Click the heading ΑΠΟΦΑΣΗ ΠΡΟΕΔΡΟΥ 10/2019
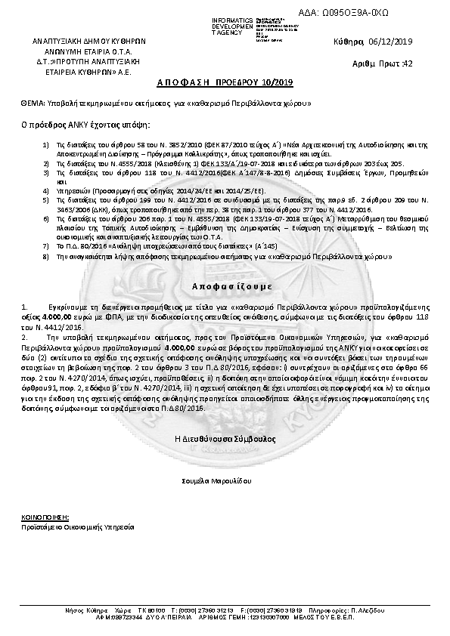point(225,82)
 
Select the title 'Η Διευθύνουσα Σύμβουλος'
point(225,438)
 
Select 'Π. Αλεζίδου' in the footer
point(371,609)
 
